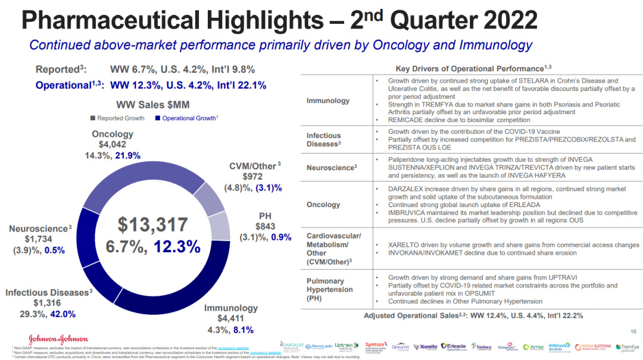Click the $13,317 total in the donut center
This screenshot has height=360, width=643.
(x=152, y=225)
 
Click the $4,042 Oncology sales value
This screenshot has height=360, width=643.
(x=113, y=145)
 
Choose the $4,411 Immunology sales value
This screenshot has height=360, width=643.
(x=230, y=319)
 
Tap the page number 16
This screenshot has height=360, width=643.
(x=633, y=331)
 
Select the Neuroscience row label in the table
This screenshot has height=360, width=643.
(x=332, y=168)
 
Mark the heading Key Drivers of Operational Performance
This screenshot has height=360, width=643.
(x=470, y=69)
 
